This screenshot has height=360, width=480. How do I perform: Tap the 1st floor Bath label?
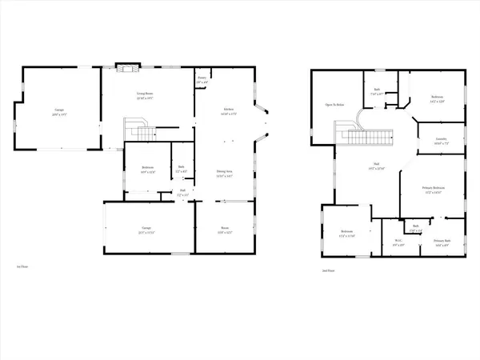point(181,170)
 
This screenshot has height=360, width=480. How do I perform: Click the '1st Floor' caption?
point(23,267)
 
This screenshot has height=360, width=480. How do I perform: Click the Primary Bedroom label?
point(433,190)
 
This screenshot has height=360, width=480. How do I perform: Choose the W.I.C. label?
point(399,242)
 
